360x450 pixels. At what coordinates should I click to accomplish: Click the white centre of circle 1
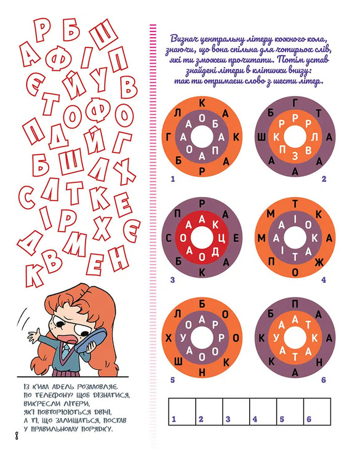202,137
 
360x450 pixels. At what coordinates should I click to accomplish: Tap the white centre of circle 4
295,238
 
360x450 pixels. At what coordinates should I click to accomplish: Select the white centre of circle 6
295,338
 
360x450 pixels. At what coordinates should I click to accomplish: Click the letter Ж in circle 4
319,262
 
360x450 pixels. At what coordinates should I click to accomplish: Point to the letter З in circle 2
295,156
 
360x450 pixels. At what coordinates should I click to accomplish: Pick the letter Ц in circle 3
222,238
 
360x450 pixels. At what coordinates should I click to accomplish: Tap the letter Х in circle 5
169,338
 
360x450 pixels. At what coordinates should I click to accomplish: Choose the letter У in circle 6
276,338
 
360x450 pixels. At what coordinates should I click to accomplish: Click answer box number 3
236,411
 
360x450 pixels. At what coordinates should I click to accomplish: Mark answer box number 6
318,411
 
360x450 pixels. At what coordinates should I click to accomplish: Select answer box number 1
182,411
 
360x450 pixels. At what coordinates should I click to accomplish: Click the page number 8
17,436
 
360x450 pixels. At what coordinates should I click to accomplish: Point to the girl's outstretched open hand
36,335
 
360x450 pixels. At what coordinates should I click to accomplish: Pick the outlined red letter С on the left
27,198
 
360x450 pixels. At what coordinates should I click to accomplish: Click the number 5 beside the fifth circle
172,380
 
